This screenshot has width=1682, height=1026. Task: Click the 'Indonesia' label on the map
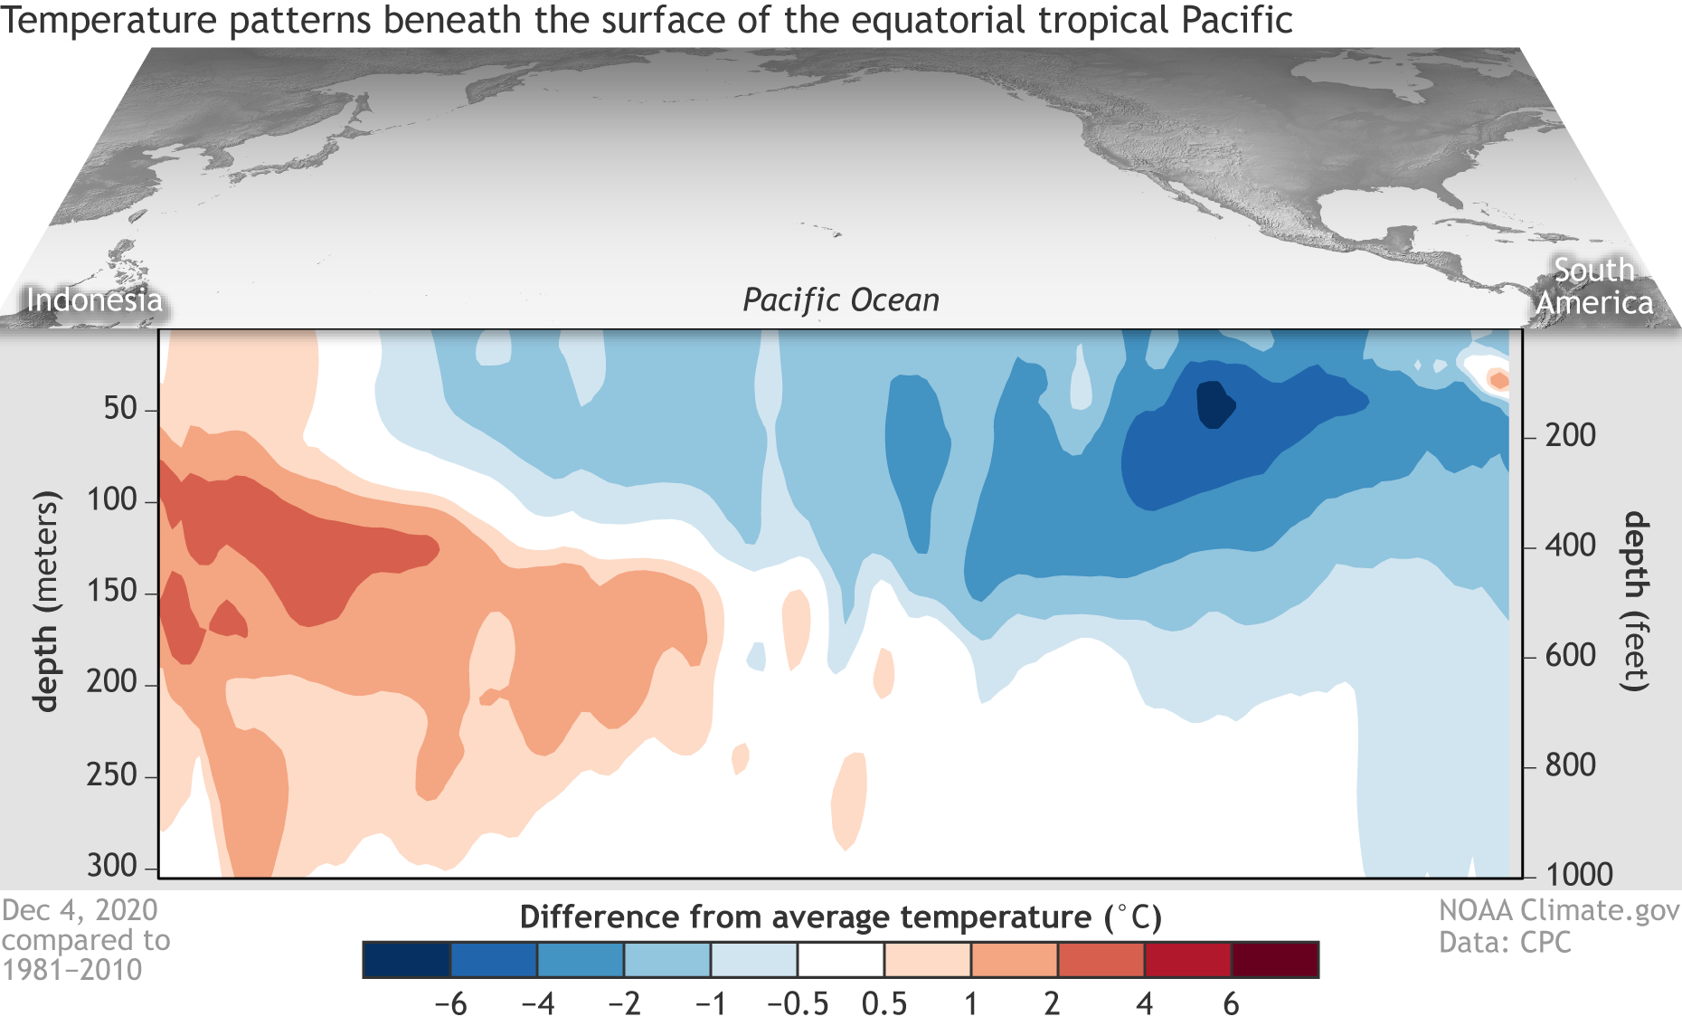[94, 299]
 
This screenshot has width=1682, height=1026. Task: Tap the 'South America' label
[1594, 286]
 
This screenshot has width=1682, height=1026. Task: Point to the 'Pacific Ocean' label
[841, 299]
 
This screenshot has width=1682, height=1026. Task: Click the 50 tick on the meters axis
[120, 409]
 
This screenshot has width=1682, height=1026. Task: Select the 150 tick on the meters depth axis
[111, 592]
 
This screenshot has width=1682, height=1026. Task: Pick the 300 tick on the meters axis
[111, 866]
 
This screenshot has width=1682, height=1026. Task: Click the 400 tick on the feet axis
[1571, 546]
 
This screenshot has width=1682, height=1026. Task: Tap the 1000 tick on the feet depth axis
[1579, 874]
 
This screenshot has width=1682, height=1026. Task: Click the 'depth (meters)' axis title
[45, 602]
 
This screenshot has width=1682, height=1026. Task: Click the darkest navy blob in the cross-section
[1214, 404]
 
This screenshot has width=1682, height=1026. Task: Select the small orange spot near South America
[1498, 380]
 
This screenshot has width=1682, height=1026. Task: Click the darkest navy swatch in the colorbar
[406, 960]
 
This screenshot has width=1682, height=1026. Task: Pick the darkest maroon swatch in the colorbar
[1275, 960]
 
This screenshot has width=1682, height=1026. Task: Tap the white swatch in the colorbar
[840, 960]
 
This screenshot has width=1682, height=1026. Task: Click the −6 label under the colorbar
[450, 1003]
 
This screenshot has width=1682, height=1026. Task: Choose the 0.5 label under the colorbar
[884, 1003]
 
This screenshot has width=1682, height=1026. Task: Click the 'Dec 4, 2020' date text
[80, 910]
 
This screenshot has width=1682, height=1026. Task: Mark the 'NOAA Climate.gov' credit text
[1559, 910]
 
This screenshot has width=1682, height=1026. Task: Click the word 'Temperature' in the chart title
[109, 20]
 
